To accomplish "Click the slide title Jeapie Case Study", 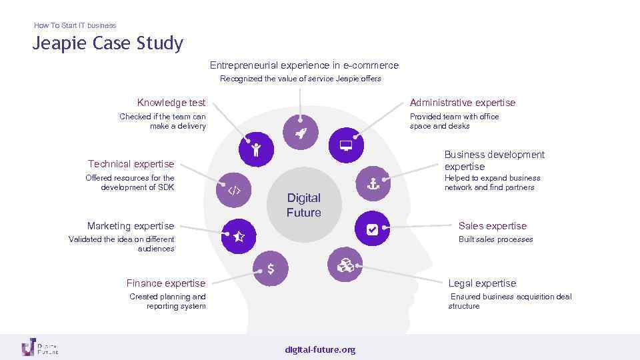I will click(108, 44).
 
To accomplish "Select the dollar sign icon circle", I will click(271, 269).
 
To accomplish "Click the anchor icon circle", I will click(373, 183).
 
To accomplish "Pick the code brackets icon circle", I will click(234, 191).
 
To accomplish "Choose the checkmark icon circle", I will click(372, 229).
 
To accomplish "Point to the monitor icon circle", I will click(346, 145).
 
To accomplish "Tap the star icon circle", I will click(239, 236).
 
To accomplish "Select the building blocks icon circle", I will click(345, 265).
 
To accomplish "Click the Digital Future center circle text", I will click(303, 205).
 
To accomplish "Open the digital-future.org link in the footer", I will click(320, 350).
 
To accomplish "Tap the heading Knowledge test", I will click(171, 103).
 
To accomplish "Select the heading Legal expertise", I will click(482, 283).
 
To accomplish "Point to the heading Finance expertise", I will click(166, 283).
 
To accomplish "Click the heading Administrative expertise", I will click(463, 103).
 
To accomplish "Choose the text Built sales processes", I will click(496, 239).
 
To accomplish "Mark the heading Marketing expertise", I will click(131, 226).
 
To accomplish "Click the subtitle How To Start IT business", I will click(75, 25).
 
